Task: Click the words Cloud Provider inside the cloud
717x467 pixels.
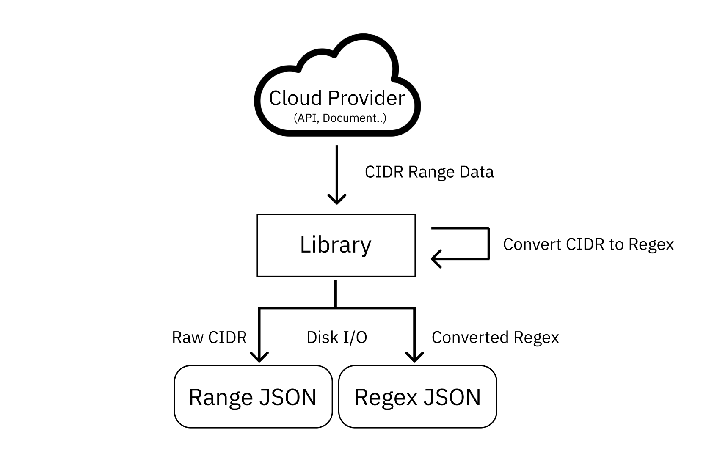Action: click(x=336, y=98)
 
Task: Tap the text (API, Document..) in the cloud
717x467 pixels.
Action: click(x=340, y=118)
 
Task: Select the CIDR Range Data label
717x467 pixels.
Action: click(x=429, y=172)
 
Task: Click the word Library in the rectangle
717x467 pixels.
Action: click(x=336, y=244)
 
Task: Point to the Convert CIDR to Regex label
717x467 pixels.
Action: click(x=588, y=244)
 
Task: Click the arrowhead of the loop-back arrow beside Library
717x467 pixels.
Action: click(x=436, y=258)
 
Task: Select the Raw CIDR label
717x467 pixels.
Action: click(x=209, y=338)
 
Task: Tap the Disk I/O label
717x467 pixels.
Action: click(x=336, y=338)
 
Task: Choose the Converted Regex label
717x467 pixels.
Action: click(x=495, y=338)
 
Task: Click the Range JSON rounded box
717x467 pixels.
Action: click(x=253, y=397)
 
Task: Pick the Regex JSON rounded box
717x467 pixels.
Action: click(x=417, y=397)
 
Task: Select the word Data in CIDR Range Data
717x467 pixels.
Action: click(x=477, y=172)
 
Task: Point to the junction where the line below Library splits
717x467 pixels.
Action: click(x=336, y=308)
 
